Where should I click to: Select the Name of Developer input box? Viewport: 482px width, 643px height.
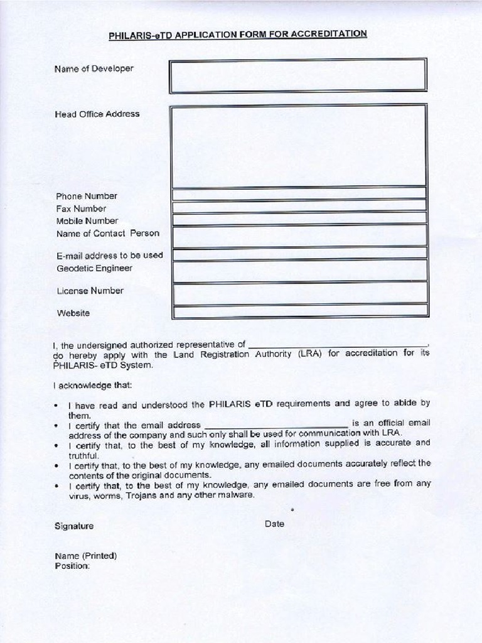tap(297, 75)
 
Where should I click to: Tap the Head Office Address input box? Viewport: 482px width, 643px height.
tap(299, 146)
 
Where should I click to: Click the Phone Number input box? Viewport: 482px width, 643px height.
tap(299, 193)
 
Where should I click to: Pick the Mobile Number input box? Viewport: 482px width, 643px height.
tap(299, 219)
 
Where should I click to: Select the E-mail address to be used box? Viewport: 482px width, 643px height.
tap(299, 254)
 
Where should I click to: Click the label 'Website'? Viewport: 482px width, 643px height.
tap(73, 313)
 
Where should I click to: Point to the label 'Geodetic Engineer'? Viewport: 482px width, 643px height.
tap(95, 269)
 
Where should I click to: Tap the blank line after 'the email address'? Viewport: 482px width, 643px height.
tap(276, 425)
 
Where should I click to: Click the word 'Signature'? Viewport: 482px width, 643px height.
tap(74, 526)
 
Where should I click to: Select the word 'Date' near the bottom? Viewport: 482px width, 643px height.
tap(274, 524)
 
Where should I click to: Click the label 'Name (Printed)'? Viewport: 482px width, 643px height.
tap(86, 556)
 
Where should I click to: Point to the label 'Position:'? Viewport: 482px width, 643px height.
tap(73, 566)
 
